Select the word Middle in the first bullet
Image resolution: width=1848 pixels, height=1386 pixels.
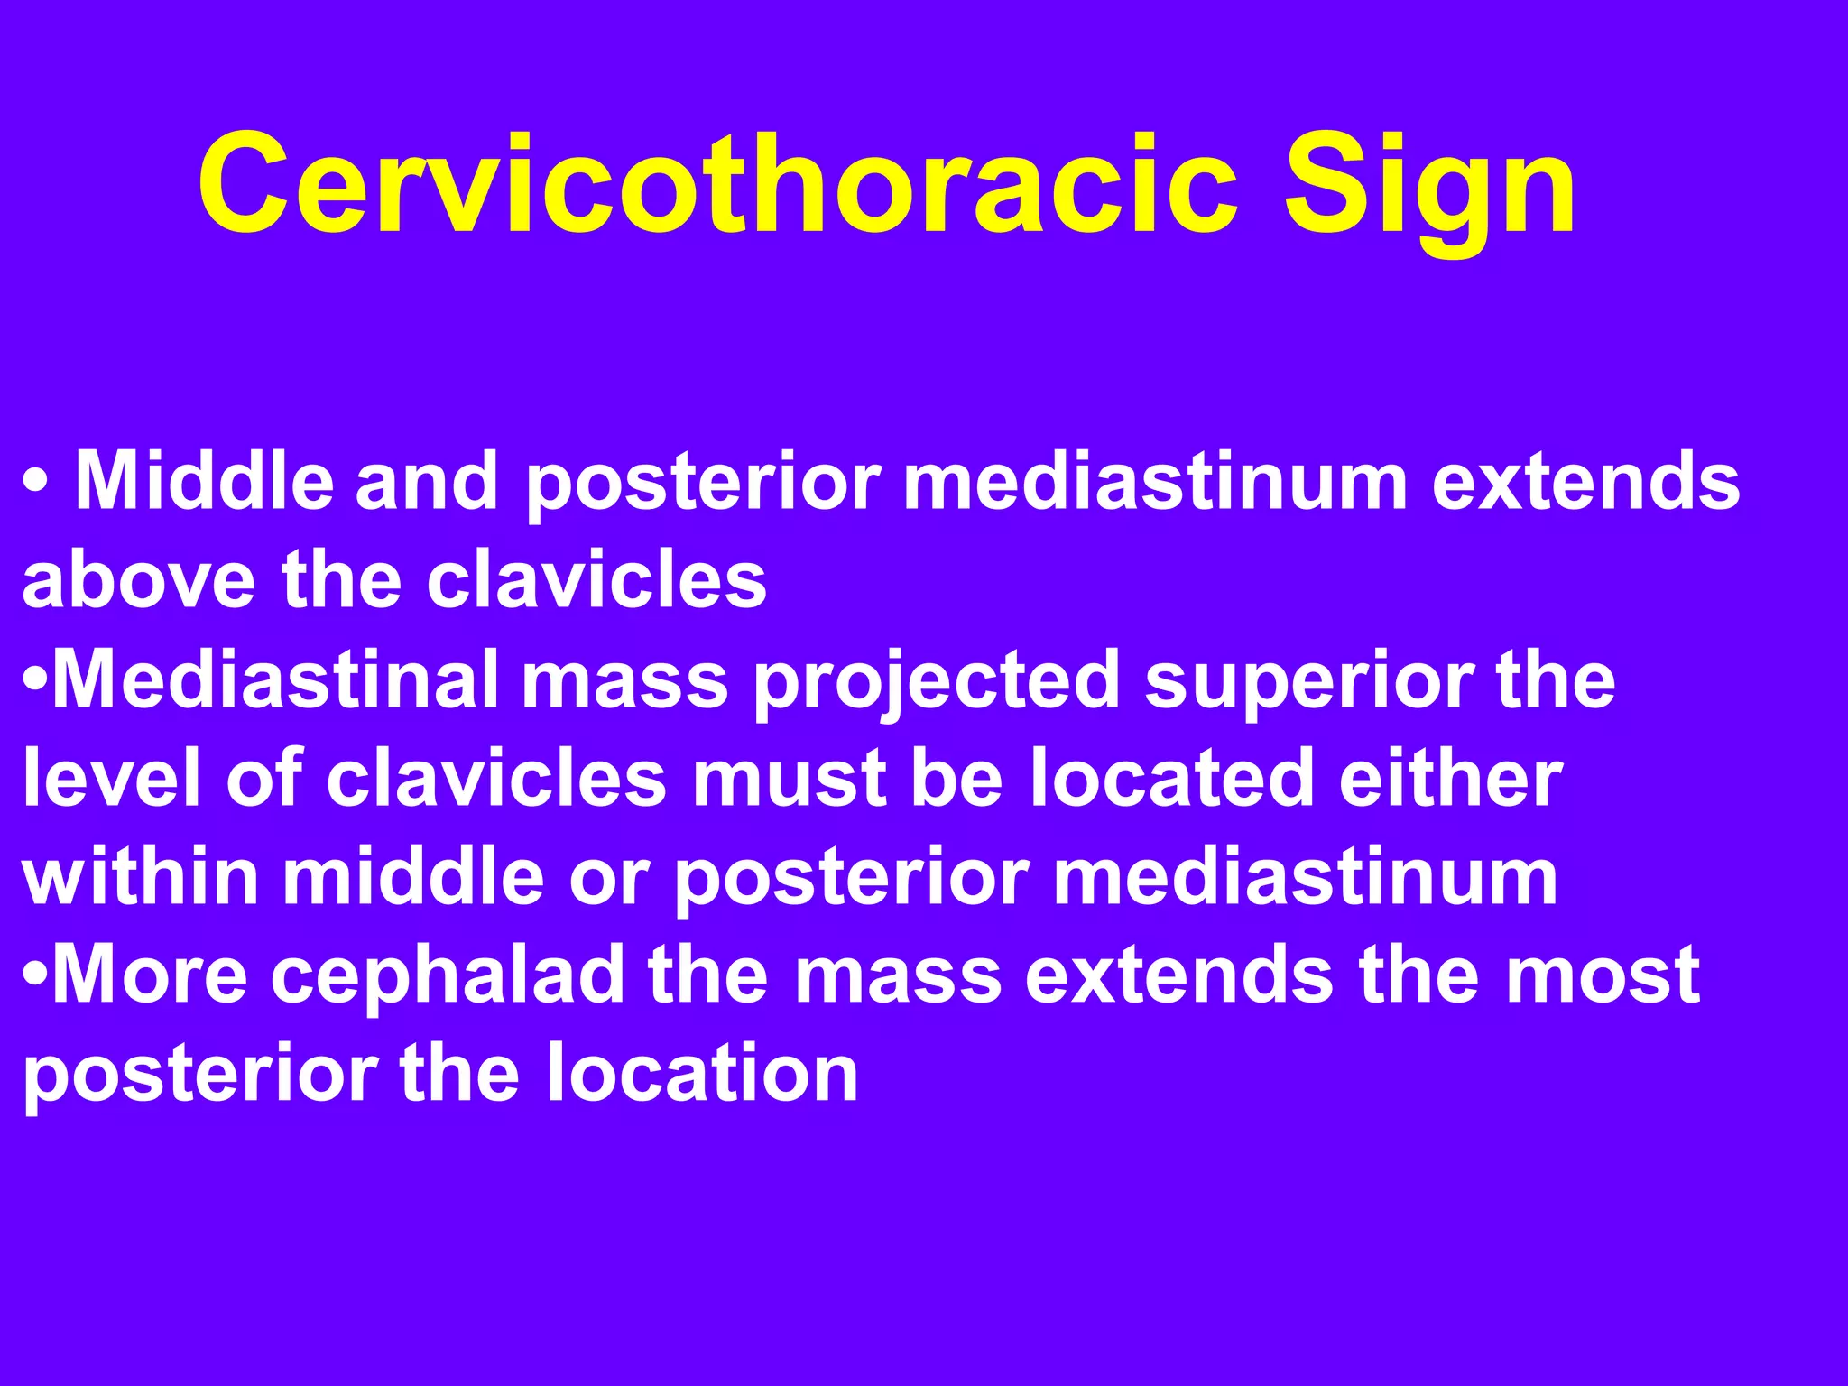[204, 480]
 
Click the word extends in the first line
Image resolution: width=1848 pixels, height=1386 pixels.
[1585, 480]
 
